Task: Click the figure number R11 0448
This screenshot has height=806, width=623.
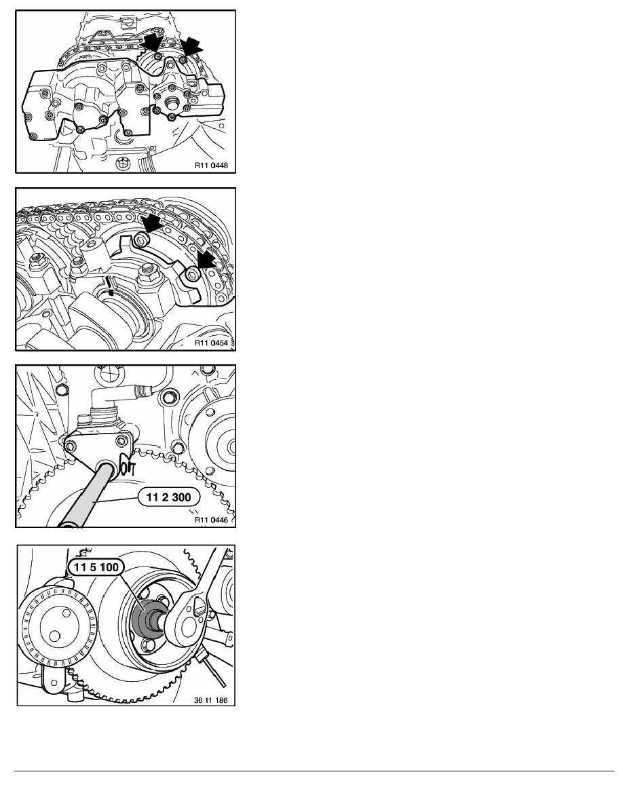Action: (211, 166)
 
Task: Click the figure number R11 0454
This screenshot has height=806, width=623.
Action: (211, 343)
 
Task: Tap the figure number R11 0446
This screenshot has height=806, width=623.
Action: (211, 520)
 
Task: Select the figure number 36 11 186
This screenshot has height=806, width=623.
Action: (211, 700)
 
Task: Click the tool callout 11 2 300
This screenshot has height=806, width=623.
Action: (168, 497)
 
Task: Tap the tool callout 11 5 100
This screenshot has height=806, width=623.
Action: (96, 567)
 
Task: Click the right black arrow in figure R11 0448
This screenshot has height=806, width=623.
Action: (192, 47)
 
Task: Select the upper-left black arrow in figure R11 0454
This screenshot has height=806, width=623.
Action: (151, 225)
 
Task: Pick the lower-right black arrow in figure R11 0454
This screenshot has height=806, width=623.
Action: (208, 259)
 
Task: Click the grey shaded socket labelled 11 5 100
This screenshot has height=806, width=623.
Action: (145, 617)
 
